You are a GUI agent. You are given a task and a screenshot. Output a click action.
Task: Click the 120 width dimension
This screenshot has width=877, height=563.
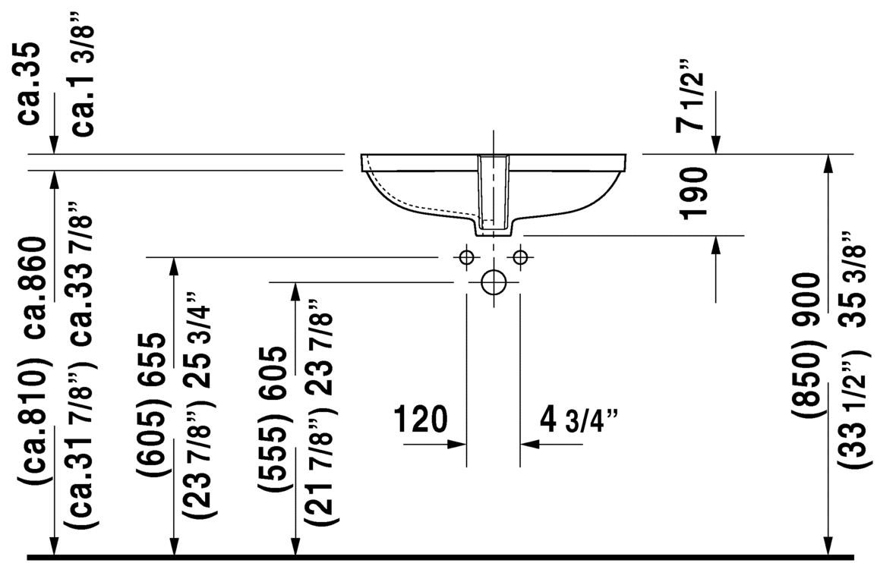point(421,420)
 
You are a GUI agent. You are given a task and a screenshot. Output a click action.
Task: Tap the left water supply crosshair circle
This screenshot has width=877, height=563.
point(466,257)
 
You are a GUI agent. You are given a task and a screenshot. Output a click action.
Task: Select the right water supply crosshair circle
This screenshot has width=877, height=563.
point(520,257)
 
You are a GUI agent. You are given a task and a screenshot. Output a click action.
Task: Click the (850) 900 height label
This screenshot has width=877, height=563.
point(806,344)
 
